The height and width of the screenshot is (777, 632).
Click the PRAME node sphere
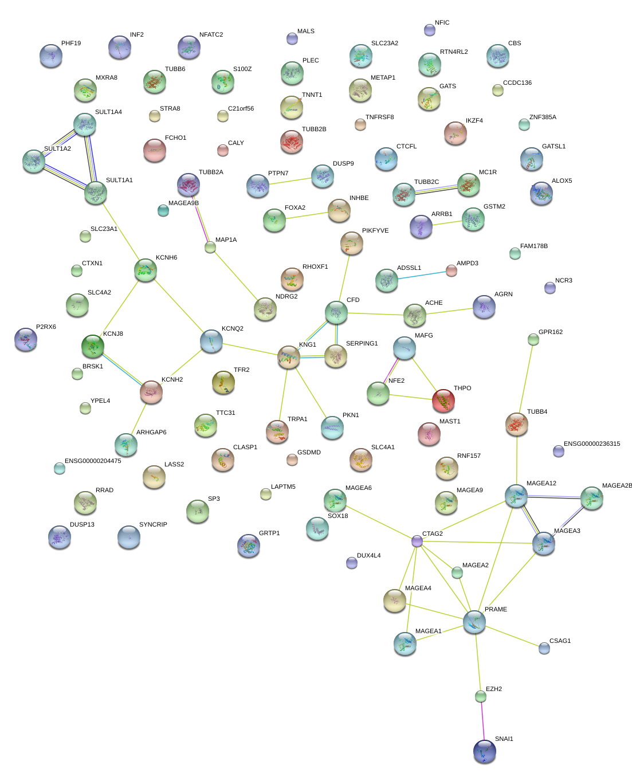(x=474, y=621)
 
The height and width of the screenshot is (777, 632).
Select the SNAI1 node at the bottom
(x=485, y=751)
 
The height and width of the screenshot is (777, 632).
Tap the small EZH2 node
(x=481, y=696)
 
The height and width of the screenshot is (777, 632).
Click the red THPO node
(x=443, y=400)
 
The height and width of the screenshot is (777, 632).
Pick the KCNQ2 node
(x=211, y=341)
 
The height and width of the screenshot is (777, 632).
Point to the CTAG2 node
(x=417, y=540)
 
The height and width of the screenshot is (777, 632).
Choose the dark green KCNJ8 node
(x=93, y=346)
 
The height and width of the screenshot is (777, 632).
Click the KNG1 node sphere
(x=289, y=356)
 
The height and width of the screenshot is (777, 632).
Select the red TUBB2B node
(x=292, y=141)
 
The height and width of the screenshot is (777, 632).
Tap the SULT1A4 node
(x=85, y=124)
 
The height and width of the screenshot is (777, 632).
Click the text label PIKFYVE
(x=375, y=231)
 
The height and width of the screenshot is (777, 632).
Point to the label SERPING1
(x=362, y=344)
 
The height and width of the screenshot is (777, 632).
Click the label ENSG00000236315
(x=592, y=444)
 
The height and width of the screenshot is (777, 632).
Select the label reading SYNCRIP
(x=153, y=525)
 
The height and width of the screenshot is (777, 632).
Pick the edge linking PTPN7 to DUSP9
(x=291, y=181)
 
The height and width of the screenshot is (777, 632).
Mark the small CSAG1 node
(x=544, y=648)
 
